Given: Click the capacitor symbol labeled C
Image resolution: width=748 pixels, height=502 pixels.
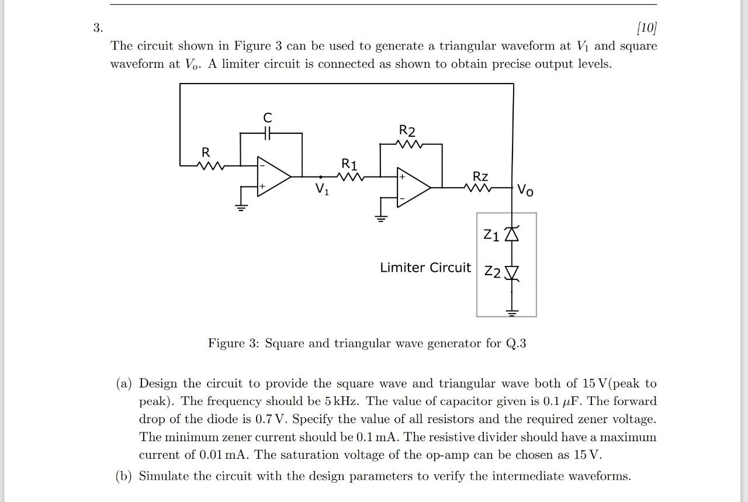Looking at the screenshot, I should coord(268,133).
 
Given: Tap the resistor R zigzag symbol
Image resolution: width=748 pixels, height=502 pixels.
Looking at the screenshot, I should coord(211,166).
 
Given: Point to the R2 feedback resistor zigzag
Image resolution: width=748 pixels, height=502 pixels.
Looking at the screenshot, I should coord(408,144).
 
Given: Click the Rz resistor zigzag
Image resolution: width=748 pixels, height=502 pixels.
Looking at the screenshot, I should coord(479,188).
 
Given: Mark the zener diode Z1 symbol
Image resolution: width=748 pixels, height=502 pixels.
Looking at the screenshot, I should coord(512,234).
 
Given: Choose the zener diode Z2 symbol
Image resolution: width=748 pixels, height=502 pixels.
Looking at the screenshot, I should coord(512,273).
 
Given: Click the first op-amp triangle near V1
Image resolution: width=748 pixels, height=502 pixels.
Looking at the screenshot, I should coord(272,176).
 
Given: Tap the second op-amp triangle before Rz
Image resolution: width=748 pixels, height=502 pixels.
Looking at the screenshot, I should coord(413,188).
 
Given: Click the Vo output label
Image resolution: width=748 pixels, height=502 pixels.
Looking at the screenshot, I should coord(525,191).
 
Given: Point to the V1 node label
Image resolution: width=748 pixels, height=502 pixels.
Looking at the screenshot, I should coord(322,189).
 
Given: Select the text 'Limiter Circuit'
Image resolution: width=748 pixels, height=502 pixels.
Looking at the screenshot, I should coord(425,268).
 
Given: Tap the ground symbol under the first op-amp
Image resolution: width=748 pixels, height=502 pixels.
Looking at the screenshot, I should coord(240,207).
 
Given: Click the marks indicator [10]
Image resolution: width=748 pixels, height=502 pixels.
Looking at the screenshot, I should coord(647,27).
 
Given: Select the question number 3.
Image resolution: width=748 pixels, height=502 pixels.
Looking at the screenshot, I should coord(98,27).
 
